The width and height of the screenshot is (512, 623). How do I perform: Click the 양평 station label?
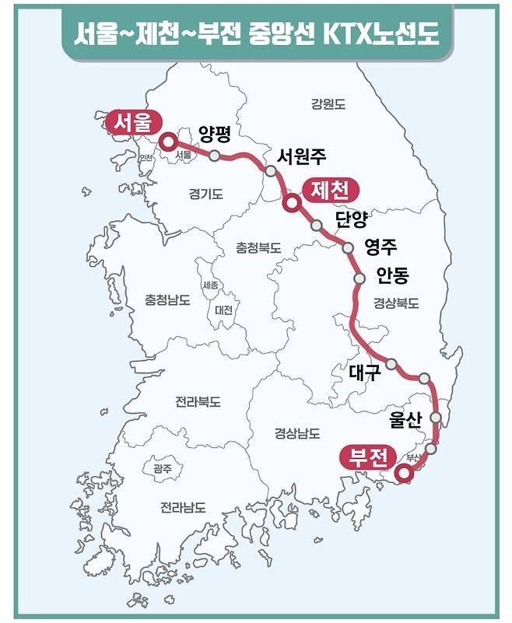215,134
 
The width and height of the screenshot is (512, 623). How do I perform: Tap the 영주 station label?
380,247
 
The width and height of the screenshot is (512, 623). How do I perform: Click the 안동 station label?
391,275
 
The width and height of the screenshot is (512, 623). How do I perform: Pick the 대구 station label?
364,373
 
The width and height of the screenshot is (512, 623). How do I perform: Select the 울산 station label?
405,421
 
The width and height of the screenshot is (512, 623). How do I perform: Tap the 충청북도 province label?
258,248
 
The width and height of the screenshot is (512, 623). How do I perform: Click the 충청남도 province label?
167,299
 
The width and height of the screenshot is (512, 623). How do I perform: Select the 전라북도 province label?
198,402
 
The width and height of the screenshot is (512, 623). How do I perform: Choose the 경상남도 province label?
297,432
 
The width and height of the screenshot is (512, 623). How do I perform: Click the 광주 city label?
163,468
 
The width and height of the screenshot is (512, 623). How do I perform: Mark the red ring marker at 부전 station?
403,472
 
